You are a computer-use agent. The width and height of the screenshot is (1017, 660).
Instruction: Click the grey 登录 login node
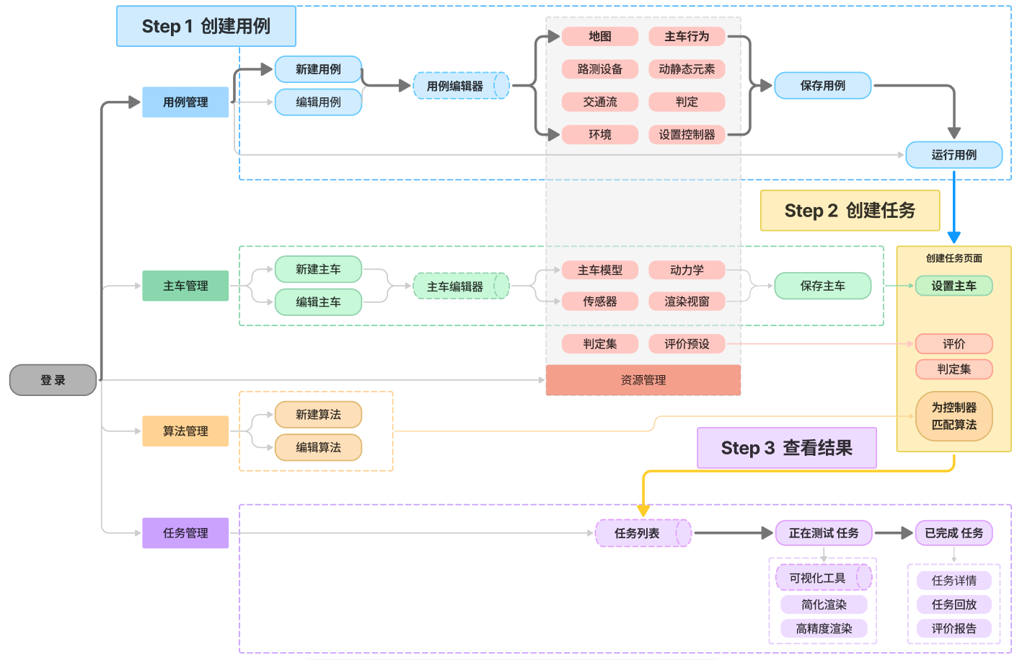tap(53, 380)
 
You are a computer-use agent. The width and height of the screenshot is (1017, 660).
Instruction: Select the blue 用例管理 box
tap(185, 102)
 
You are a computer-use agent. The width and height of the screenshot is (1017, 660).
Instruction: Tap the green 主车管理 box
tap(185, 286)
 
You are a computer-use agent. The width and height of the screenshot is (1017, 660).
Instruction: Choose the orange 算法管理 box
tap(185, 431)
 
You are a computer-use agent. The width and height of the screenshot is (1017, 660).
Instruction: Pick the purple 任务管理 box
tap(185, 533)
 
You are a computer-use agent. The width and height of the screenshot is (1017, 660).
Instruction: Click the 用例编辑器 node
tap(462, 86)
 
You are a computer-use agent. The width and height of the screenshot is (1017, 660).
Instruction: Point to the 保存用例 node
tap(823, 85)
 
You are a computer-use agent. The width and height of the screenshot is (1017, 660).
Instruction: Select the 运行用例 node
tap(954, 155)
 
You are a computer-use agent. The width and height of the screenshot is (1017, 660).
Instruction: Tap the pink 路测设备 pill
tap(600, 69)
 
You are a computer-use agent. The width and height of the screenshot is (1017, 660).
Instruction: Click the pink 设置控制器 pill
tap(687, 134)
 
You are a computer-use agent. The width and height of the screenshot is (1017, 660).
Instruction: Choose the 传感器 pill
tap(600, 302)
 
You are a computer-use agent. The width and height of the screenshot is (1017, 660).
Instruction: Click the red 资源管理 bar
tap(643, 380)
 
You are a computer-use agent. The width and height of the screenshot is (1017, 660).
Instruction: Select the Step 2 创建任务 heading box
tap(850, 211)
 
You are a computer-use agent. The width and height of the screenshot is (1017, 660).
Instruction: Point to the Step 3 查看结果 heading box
tap(787, 448)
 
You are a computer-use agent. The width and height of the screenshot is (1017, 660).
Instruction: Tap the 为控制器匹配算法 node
tap(954, 416)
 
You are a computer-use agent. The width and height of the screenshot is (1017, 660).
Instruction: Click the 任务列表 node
tap(643, 533)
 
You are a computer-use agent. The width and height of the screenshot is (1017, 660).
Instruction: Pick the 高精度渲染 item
tap(824, 629)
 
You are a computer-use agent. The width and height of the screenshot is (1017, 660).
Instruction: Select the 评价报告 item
tap(954, 629)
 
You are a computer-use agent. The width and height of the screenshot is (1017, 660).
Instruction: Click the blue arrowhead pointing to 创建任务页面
tap(954, 237)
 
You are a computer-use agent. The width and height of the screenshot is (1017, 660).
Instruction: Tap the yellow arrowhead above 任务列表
tap(643, 510)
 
